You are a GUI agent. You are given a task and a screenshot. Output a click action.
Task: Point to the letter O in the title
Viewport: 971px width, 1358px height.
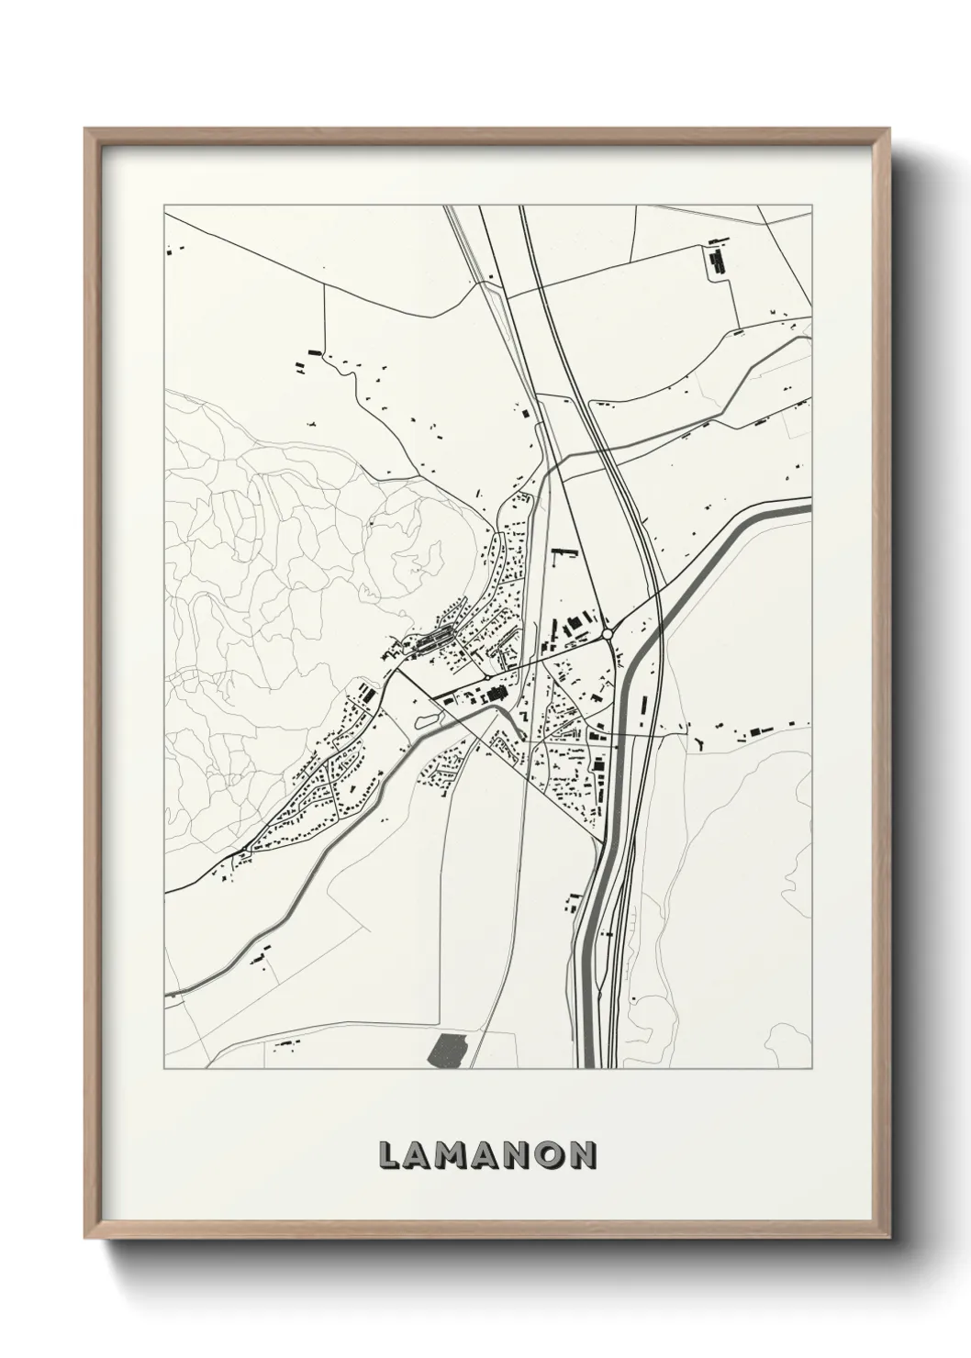point(550,1155)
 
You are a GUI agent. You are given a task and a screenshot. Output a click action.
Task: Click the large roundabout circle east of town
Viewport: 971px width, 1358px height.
point(607,634)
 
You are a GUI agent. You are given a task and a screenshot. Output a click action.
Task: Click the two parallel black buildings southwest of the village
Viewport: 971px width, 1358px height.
point(366,693)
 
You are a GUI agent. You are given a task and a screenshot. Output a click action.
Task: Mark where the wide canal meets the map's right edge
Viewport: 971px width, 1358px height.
point(809,505)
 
